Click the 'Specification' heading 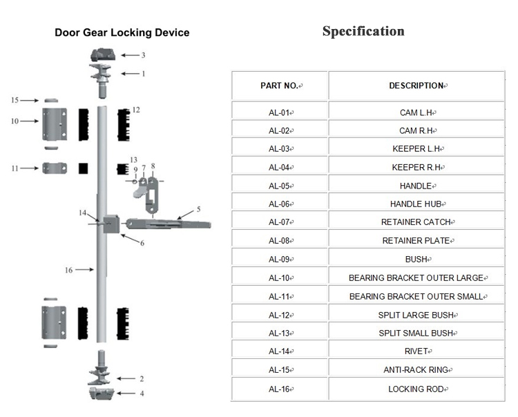tap(363, 32)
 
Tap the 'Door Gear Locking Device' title tap(122, 32)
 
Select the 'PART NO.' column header tap(280, 86)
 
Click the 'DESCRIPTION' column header tap(416, 86)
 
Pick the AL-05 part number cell tap(280, 186)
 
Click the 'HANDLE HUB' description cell tap(416, 204)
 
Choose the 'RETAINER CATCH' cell tap(416, 222)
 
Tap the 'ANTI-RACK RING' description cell tap(416, 370)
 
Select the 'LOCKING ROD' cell tap(416, 389)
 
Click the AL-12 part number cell tap(280, 315)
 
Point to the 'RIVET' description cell tap(416, 351)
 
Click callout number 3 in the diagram tap(143, 55)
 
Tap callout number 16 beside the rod tap(68, 270)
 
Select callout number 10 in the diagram tap(15, 122)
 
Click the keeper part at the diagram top tap(102, 55)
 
